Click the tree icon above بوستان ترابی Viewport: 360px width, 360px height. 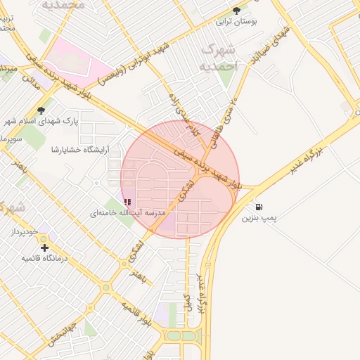(236, 11)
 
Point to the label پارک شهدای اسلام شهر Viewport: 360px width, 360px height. (41, 121)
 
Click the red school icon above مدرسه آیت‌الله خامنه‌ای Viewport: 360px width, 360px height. (127, 202)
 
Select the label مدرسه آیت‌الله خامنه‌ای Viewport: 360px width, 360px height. (127, 212)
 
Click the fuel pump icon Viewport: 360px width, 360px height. (259, 207)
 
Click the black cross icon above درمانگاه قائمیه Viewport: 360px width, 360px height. (44, 247)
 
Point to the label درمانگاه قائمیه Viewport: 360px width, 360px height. (44, 258)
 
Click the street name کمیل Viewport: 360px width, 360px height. (188, 302)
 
